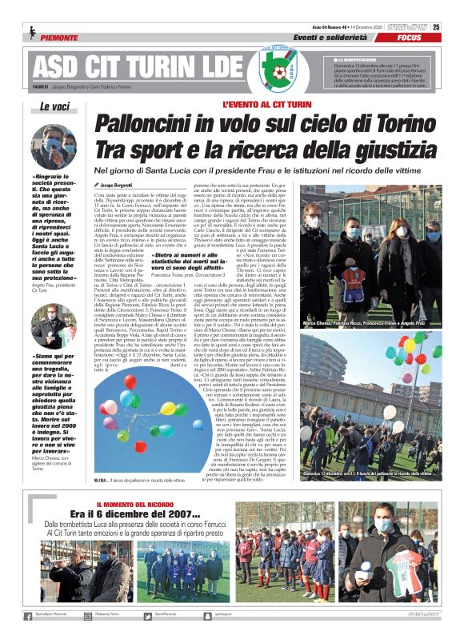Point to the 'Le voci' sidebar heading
coord(55,108)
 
